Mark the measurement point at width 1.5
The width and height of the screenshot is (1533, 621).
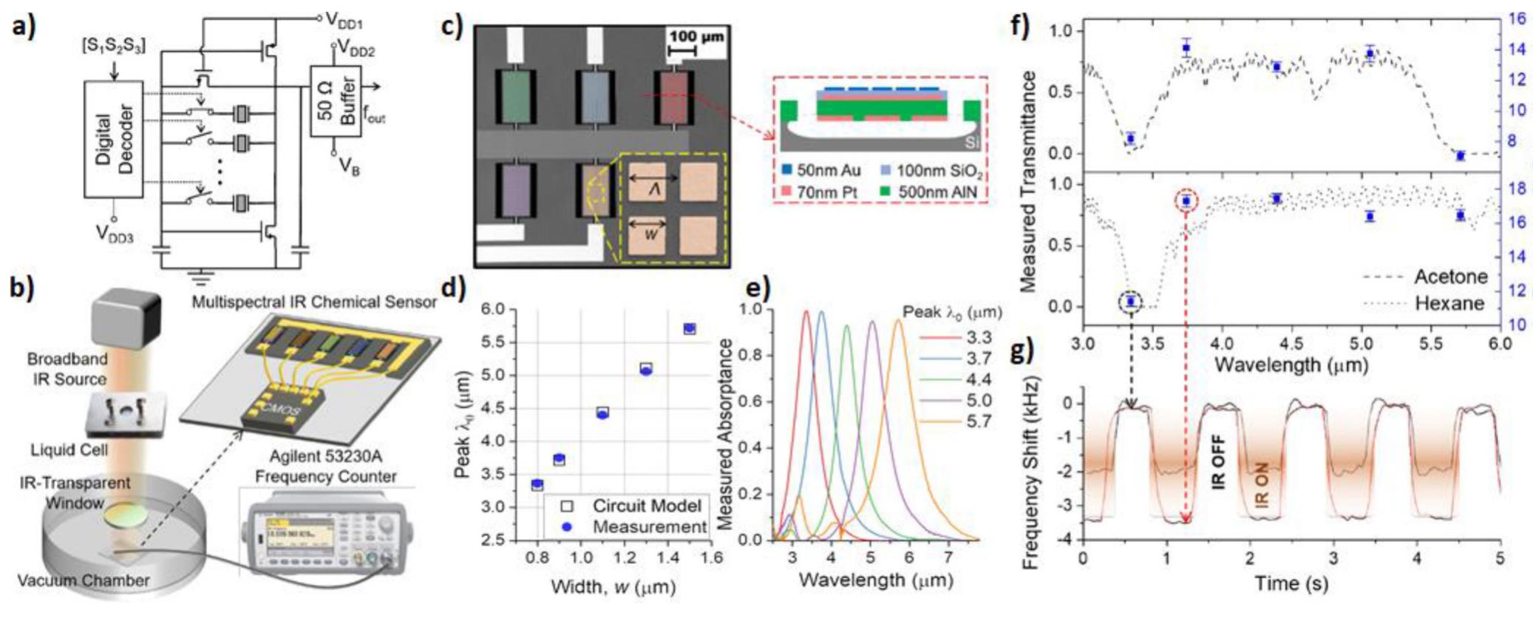tap(690, 329)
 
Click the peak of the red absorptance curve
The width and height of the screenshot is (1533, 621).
tap(806, 311)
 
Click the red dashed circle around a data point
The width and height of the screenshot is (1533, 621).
tap(1186, 200)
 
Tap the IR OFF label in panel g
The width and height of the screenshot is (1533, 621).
tap(1218, 462)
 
